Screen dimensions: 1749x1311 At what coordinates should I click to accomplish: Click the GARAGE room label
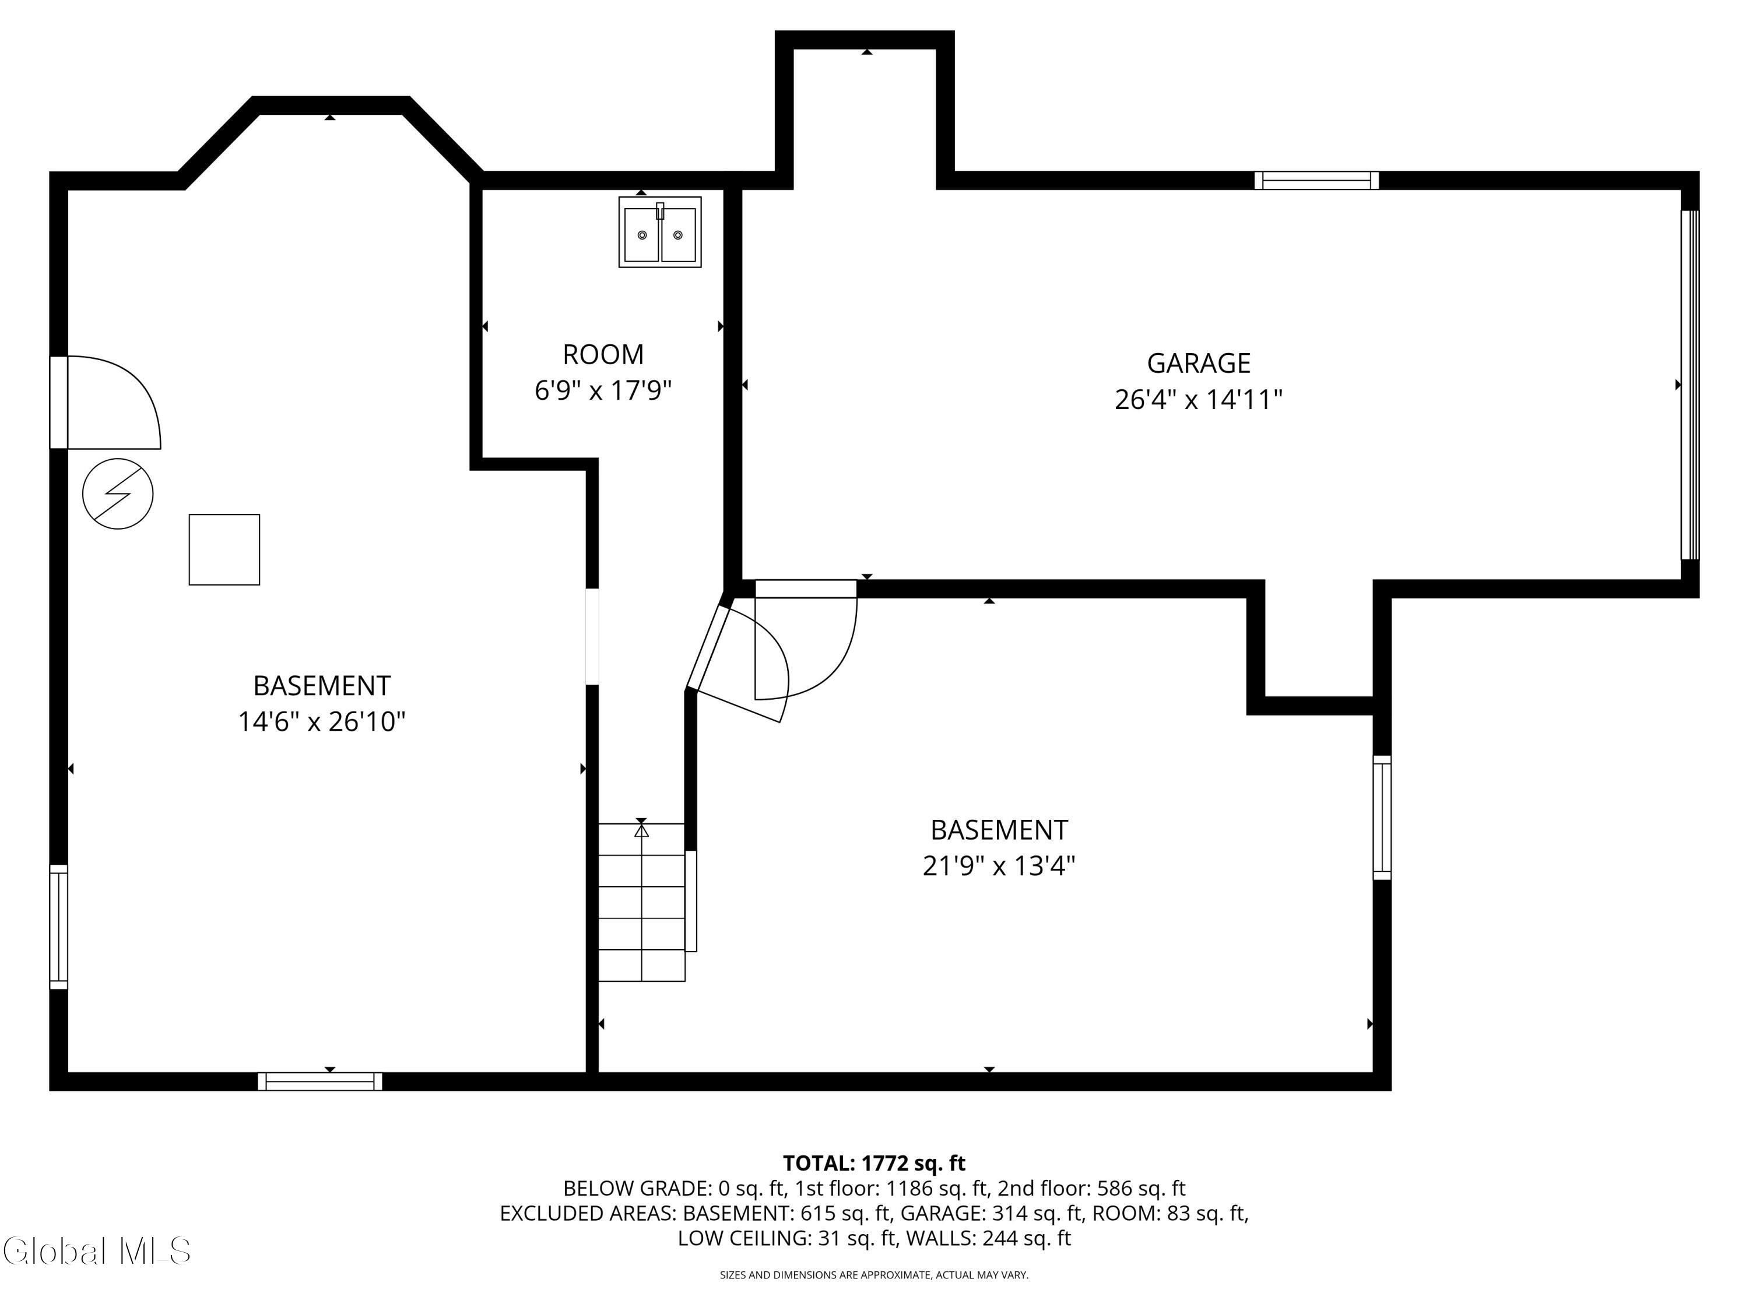click(1198, 363)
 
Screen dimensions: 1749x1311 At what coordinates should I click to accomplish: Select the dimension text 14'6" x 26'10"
click(322, 721)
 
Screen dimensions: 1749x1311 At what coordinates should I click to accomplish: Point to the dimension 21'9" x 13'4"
click(999, 866)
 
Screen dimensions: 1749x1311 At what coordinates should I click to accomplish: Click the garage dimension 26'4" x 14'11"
click(1198, 400)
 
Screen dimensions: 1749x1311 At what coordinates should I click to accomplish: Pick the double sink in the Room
click(659, 232)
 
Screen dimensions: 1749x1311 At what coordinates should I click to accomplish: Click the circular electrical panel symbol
click(118, 494)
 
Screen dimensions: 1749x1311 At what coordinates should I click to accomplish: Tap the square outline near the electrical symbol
click(224, 550)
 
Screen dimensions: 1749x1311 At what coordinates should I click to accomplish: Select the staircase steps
click(641, 903)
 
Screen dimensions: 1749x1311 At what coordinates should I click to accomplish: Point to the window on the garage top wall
click(1316, 180)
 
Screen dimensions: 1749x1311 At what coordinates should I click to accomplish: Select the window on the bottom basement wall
click(320, 1081)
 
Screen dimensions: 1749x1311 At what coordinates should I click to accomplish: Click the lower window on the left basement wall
click(58, 926)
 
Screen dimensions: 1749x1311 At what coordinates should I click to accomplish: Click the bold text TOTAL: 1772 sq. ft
click(874, 1163)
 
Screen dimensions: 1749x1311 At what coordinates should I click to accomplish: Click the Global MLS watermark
click(96, 1251)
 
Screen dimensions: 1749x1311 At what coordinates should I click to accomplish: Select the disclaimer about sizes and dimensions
click(874, 1275)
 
